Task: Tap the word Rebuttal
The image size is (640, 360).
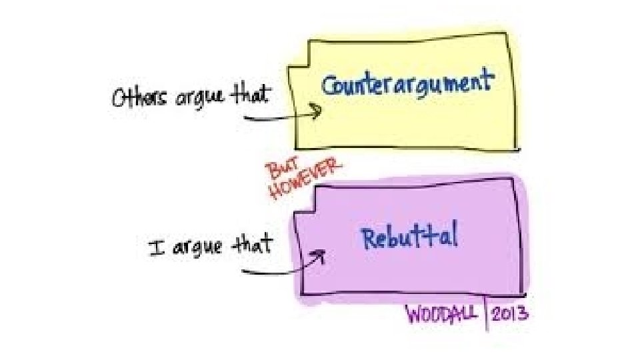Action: click(x=409, y=237)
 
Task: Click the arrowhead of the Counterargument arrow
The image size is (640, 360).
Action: click(x=318, y=112)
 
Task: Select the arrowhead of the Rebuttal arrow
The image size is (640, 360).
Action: click(x=319, y=257)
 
